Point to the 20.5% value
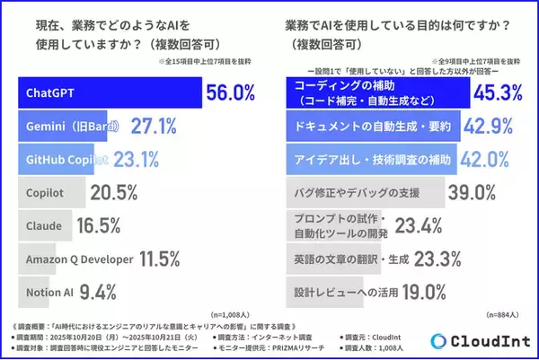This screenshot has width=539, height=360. coord(114,193)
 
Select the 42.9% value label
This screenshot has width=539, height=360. coord(499,127)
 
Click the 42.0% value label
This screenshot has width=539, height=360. coord(496,159)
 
